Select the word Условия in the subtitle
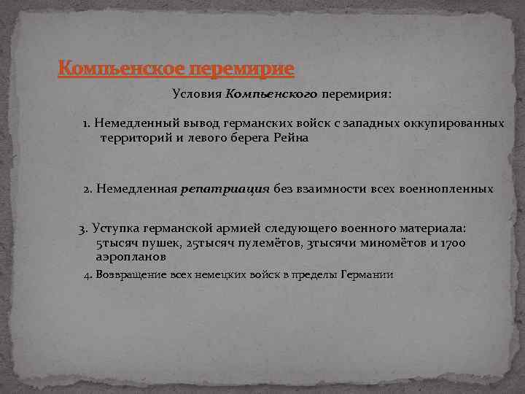[198, 94]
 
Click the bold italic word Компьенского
[271, 94]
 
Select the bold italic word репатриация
[225, 189]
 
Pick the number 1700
[452, 242]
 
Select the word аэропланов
[131, 256]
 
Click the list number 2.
[87, 189]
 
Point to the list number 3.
[82, 229]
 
